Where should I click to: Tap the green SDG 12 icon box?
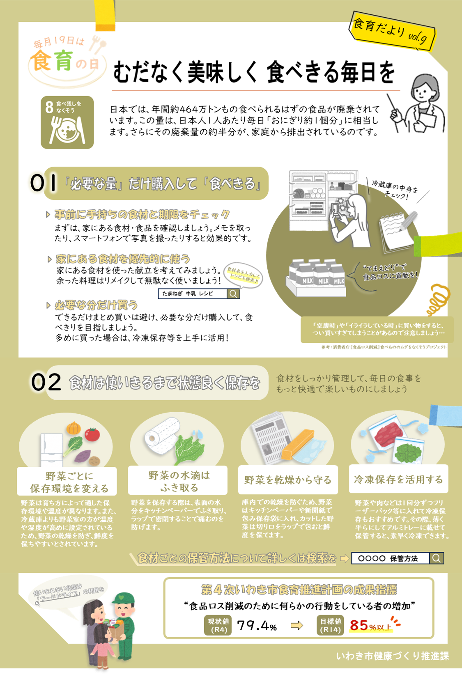click(x=67, y=122)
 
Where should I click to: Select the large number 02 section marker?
click(x=46, y=382)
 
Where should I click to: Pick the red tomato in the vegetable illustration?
click(x=92, y=434)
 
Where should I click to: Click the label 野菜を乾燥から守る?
click(x=288, y=480)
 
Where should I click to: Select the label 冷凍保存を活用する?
click(x=398, y=480)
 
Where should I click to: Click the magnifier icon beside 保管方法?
click(x=437, y=558)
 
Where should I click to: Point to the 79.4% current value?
click(x=257, y=625)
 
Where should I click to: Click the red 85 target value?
click(x=359, y=625)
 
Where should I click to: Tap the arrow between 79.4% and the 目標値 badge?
click(x=297, y=625)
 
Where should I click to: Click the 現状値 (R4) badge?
click(x=218, y=625)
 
